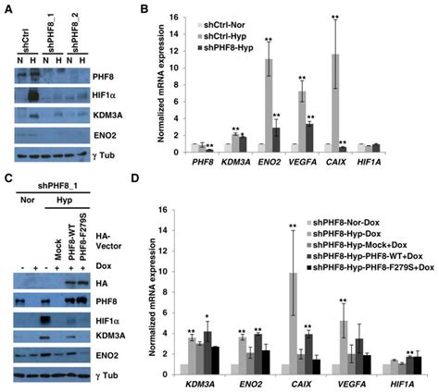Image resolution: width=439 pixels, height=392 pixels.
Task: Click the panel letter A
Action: (x=8, y=8)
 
